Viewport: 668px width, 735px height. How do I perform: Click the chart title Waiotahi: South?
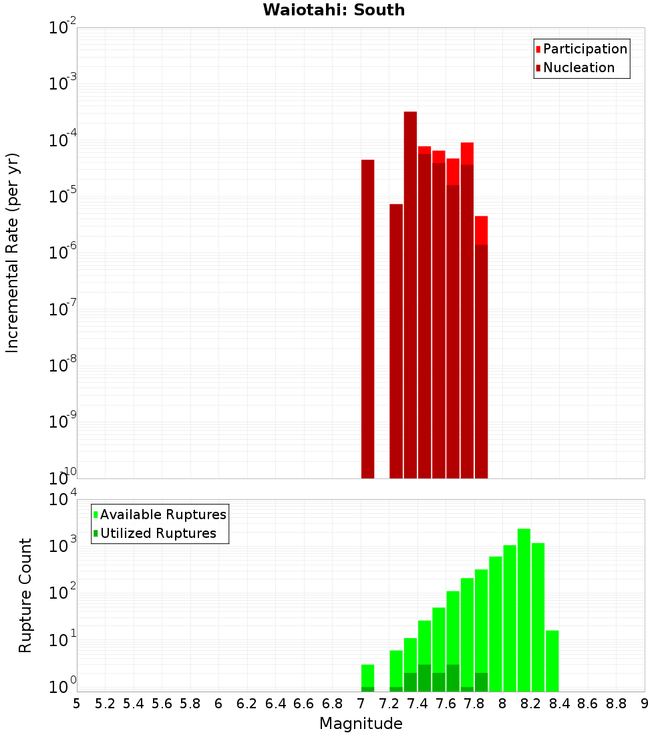(333, 10)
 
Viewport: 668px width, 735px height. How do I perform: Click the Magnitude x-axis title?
(361, 724)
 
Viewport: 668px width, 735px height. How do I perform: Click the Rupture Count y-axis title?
(25, 595)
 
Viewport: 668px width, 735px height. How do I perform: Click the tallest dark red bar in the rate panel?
(410, 294)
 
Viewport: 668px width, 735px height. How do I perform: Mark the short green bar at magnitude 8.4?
(552, 661)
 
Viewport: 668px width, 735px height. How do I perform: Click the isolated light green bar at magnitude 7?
(367, 675)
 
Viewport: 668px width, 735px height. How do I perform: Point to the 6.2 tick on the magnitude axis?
(247, 704)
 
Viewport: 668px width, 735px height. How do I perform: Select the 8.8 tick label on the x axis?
(616, 704)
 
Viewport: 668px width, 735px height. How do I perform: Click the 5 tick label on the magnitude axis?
(77, 704)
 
